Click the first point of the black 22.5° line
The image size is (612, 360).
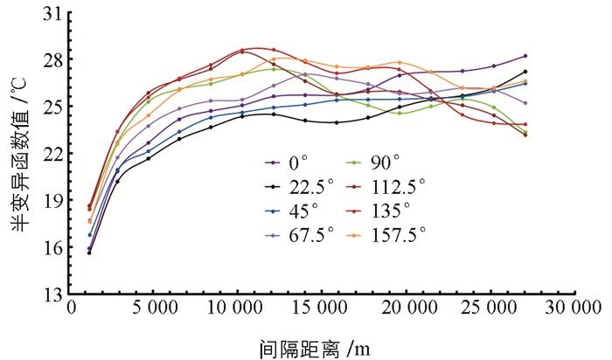89,253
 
